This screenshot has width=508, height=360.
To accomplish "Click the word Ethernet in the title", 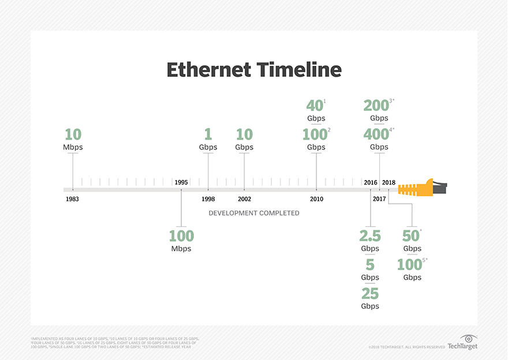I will (210, 70).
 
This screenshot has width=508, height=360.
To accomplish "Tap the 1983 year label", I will (72, 199).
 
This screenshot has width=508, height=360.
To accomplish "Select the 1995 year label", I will (181, 182).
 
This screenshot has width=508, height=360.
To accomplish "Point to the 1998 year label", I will (208, 199).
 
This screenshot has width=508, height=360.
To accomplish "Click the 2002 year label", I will (244, 199).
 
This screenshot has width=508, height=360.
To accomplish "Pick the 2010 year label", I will (316, 199).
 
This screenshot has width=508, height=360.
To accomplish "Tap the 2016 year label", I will (371, 182).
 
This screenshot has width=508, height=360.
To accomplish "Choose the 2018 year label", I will (389, 182).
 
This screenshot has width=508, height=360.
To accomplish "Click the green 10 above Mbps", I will (73, 134).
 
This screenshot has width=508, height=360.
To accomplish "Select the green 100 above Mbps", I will (181, 236).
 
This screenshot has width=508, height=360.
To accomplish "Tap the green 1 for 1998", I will (208, 134).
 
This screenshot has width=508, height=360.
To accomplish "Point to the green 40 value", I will (315, 106).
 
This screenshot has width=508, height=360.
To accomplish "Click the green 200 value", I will (376, 106).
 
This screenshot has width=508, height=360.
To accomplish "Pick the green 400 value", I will (376, 134).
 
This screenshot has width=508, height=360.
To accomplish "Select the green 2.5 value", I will (370, 236).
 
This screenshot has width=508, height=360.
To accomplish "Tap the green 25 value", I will (370, 294).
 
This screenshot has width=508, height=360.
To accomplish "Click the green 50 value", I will (410, 236).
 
